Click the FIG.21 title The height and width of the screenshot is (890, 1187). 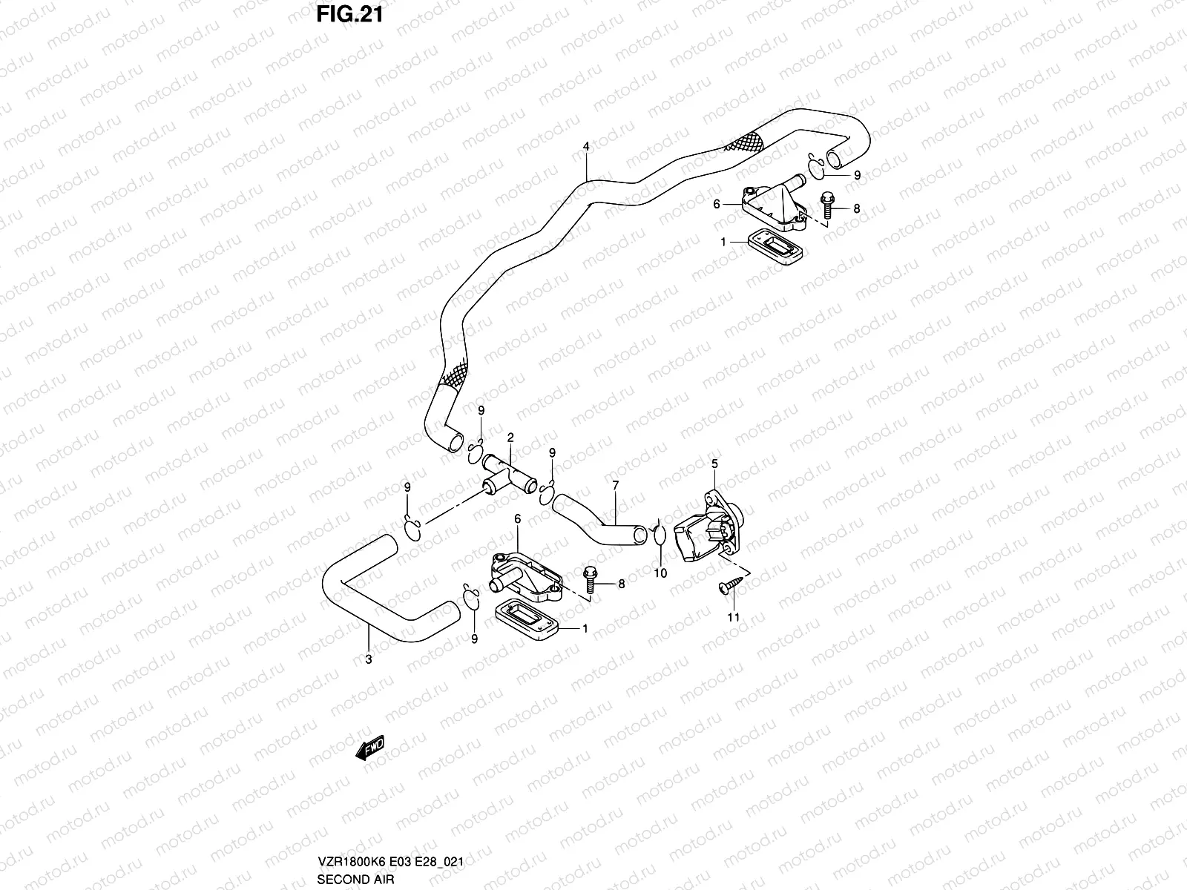(349, 14)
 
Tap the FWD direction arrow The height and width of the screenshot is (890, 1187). (370, 748)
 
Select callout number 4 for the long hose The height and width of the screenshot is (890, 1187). (586, 146)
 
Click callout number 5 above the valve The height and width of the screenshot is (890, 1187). (714, 464)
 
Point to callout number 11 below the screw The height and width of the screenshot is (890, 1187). (733, 617)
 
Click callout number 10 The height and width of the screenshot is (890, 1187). (660, 573)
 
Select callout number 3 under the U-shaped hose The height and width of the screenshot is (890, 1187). (368, 659)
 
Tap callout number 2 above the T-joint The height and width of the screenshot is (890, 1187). (510, 437)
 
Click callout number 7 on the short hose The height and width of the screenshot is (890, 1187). (616, 486)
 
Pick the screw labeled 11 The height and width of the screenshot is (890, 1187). (731, 584)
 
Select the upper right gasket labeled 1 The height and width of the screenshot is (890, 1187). (775, 246)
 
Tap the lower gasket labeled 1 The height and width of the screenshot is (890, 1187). (526, 619)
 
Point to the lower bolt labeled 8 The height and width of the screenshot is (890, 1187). (590, 580)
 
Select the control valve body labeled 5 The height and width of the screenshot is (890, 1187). (709, 527)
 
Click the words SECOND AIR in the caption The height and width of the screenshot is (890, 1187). (355, 879)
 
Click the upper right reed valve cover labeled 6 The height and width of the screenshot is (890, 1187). (775, 203)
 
